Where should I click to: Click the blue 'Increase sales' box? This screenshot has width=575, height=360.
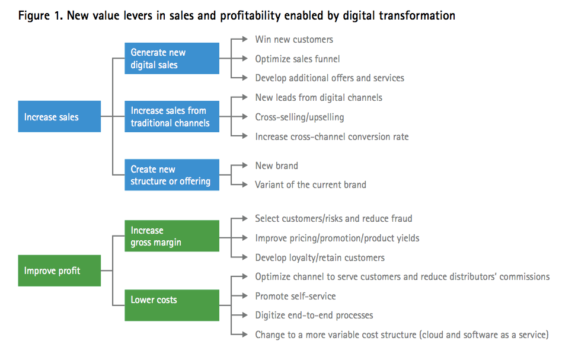click(x=59, y=117)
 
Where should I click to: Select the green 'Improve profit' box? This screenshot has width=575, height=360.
click(x=59, y=271)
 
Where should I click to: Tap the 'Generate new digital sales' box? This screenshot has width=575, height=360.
click(x=172, y=59)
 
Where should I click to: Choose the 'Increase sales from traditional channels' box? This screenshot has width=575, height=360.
click(x=172, y=117)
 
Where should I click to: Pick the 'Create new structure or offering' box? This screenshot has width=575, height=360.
click(x=172, y=175)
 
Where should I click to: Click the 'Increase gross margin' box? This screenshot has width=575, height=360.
click(x=172, y=236)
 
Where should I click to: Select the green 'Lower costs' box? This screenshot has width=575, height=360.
click(x=172, y=300)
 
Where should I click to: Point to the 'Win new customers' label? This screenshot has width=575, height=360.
click(x=294, y=40)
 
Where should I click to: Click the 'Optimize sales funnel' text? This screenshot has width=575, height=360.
click(x=297, y=59)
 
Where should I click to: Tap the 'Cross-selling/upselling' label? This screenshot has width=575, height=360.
click(x=299, y=117)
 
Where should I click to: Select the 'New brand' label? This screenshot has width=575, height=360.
click(x=276, y=165)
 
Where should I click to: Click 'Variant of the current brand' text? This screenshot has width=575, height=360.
click(x=311, y=184)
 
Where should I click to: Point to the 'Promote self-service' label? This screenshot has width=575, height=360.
click(x=295, y=296)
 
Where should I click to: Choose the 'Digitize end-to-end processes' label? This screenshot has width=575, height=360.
click(x=314, y=315)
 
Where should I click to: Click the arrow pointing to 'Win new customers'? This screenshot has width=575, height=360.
click(x=239, y=40)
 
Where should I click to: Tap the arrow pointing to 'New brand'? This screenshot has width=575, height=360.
click(x=239, y=165)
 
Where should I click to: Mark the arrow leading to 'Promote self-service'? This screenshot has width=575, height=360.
click(x=239, y=296)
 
